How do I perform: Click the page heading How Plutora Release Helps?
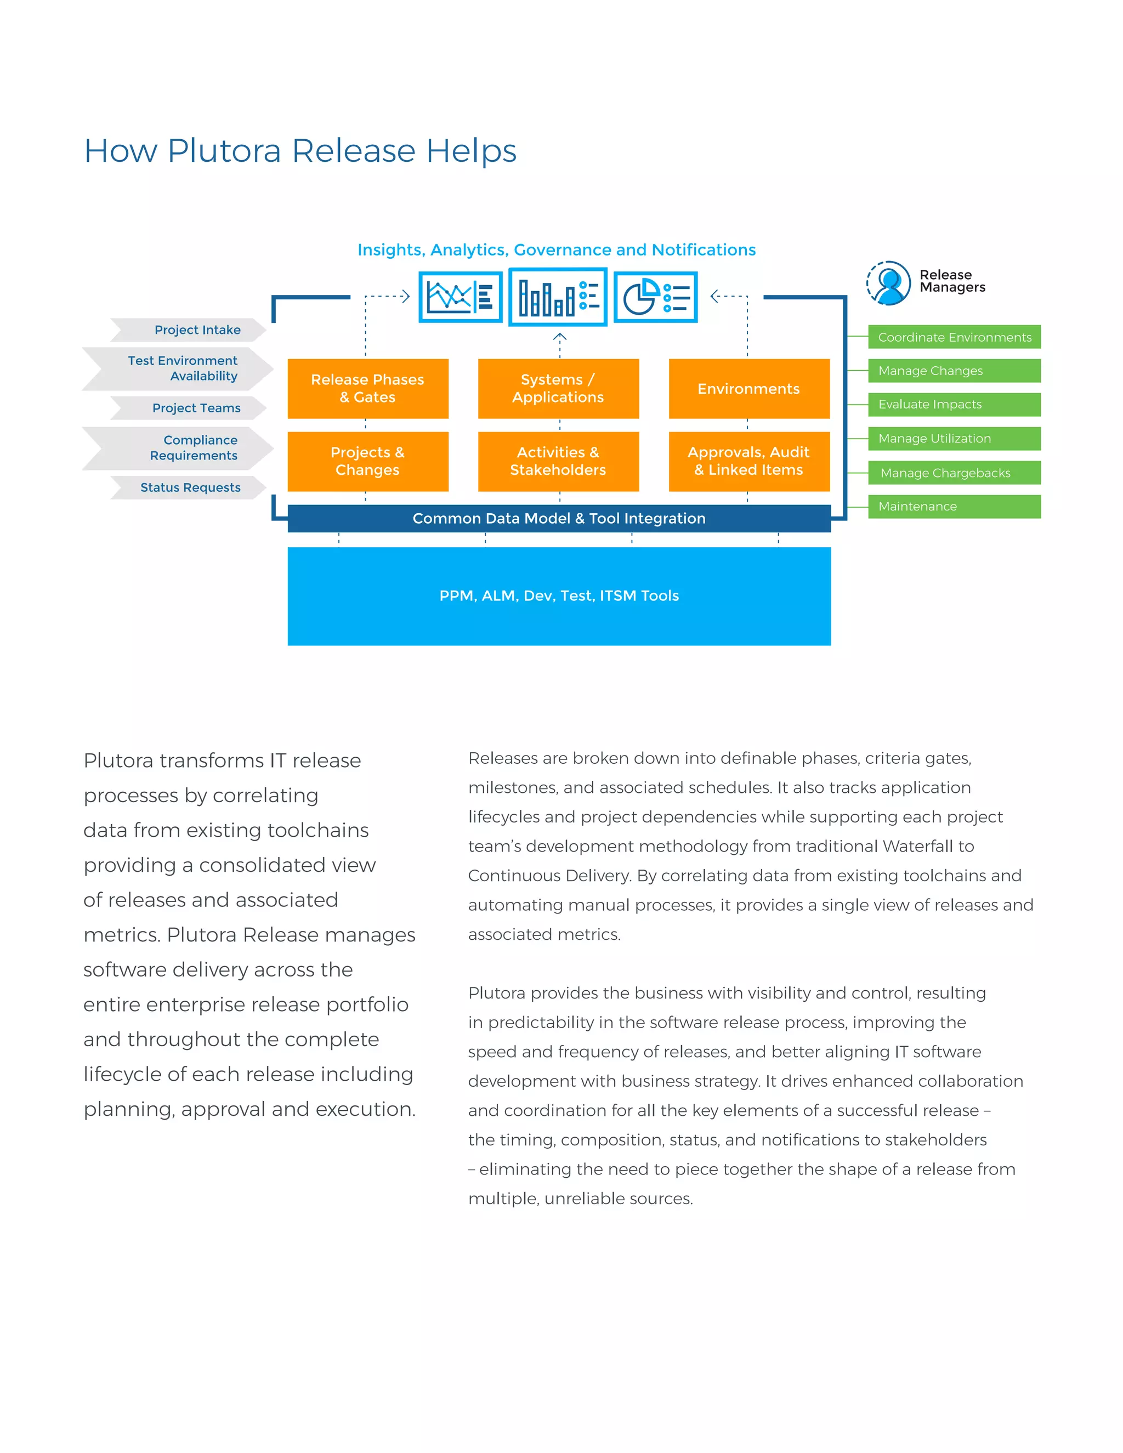coord(300,151)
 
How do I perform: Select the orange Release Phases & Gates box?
coord(368,389)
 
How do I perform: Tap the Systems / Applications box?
coord(558,389)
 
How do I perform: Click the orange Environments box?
coord(749,389)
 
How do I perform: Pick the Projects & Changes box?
coord(368,461)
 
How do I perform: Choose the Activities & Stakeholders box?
coord(558,461)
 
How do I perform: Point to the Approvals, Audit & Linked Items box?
coord(749,461)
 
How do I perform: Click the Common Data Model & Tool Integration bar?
coord(559,518)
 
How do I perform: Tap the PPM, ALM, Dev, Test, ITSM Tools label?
coord(559,595)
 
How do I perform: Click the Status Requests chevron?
coord(190,487)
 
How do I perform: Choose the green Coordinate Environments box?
coord(954,337)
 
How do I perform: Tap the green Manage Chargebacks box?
coord(954,473)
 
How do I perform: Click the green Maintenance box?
coord(954,506)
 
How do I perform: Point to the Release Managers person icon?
coord(889,283)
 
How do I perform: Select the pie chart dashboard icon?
coord(655,297)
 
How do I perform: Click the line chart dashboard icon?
coord(461,297)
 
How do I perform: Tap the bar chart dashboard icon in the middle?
coord(558,297)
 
